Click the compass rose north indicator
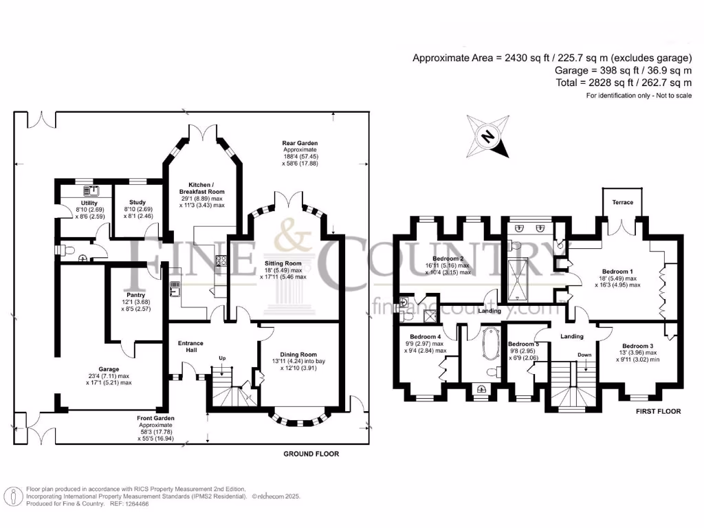[x=488, y=137]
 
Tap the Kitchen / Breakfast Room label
[x=201, y=188]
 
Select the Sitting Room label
[x=283, y=263]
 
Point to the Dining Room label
[x=298, y=355]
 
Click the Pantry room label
[x=135, y=295]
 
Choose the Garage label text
[x=109, y=369]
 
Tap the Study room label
[x=137, y=203]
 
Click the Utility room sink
[x=93, y=191]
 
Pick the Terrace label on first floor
[x=622, y=203]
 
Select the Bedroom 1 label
[x=617, y=272]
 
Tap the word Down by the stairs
[x=584, y=355]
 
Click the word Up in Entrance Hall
[x=222, y=358]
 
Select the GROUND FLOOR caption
[x=311, y=454]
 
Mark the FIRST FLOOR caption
[x=658, y=411]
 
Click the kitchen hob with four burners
[x=221, y=261]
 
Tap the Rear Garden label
[x=300, y=143]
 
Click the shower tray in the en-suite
[x=518, y=280]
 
